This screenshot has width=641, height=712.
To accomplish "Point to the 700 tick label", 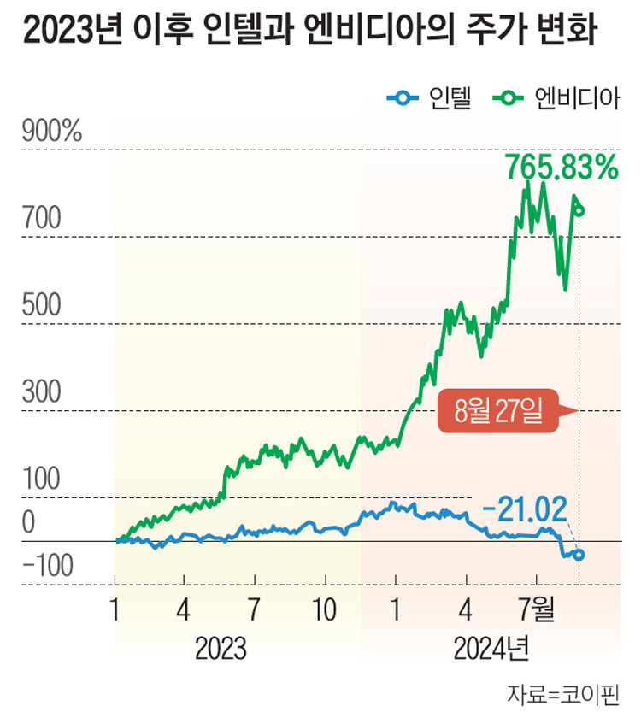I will click(42, 220).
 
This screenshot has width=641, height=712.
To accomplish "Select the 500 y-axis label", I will click(42, 307).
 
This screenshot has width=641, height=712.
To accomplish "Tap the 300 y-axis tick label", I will click(42, 394).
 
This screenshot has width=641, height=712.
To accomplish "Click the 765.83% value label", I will click(561, 166).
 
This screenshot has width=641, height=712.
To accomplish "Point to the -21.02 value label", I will click(525, 510).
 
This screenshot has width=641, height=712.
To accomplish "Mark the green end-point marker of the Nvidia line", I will click(580, 210).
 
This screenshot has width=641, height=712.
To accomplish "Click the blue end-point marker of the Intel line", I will click(579, 555).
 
